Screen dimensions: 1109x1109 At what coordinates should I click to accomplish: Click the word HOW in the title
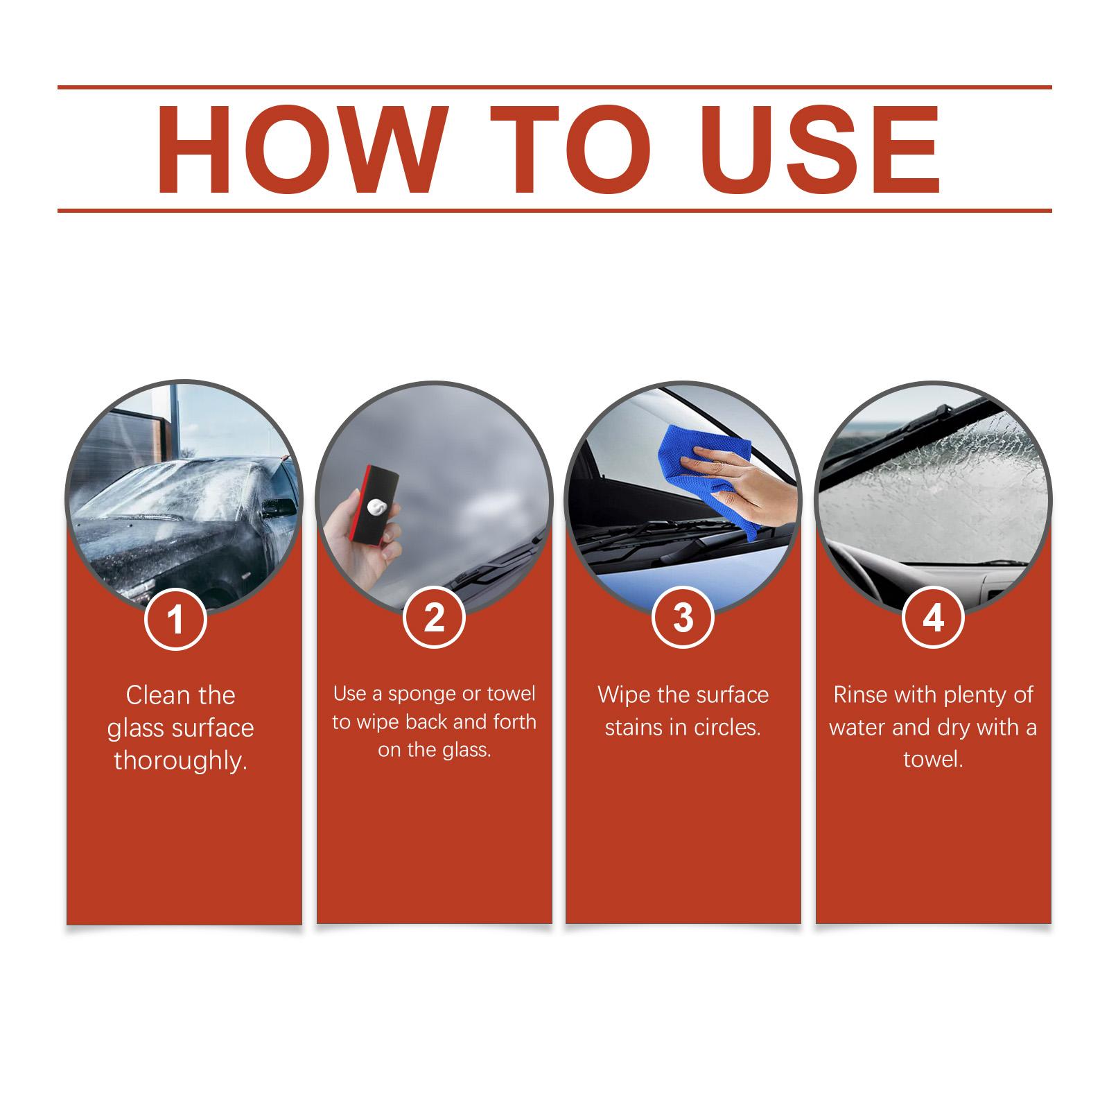[299, 150]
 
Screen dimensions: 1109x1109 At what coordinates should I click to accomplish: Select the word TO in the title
[570, 150]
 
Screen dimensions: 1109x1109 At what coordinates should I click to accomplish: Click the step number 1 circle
[176, 618]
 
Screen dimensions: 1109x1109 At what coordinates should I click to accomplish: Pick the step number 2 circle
[434, 618]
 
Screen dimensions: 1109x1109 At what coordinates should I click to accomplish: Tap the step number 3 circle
[683, 618]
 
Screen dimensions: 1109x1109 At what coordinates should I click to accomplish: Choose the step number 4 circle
[933, 618]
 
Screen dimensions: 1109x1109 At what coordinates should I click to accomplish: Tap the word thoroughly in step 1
[181, 762]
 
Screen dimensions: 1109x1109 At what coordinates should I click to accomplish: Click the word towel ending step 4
[933, 760]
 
